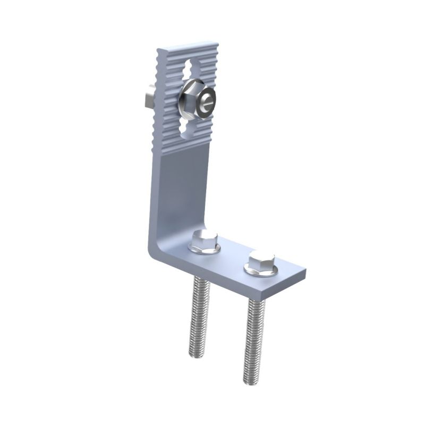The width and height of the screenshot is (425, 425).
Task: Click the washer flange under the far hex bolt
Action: pyautogui.click(x=250, y=271)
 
